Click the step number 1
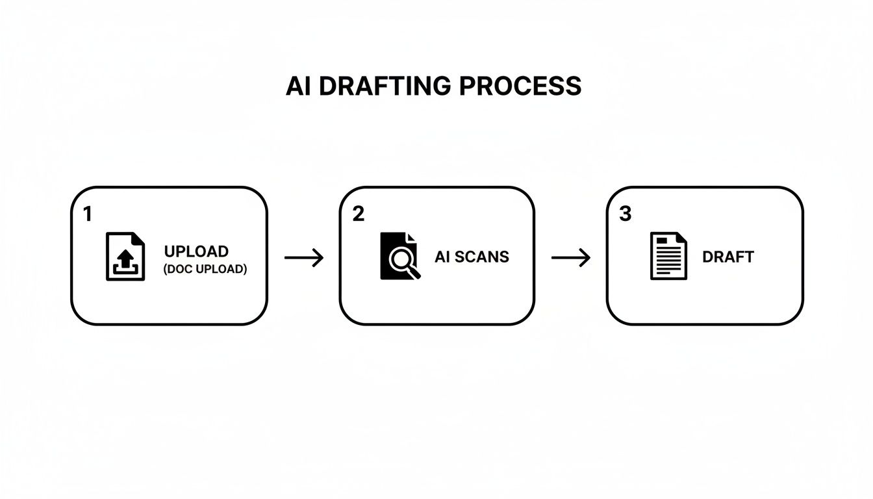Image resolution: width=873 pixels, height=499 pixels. tap(88, 215)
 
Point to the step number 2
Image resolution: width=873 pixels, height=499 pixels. tap(358, 215)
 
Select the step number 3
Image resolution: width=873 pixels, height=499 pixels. tap(625, 215)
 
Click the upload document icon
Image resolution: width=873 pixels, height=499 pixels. tap(125, 257)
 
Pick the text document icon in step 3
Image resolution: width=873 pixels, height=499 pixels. tap(668, 256)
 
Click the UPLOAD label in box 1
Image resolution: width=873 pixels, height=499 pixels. tap(196, 251)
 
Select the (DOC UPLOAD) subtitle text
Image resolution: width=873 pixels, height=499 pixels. tap(205, 269)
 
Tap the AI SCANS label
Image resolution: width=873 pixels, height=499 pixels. tap(472, 257)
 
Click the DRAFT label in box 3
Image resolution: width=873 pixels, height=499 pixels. tap(727, 257)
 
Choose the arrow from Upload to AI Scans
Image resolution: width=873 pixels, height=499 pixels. tap(304, 258)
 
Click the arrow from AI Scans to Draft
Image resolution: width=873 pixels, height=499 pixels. tap(571, 258)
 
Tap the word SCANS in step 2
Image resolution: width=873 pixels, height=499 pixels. tap(482, 257)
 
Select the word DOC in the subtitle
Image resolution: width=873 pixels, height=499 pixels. tap(178, 269)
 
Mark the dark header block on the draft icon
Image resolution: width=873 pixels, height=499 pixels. tap(662, 240)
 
